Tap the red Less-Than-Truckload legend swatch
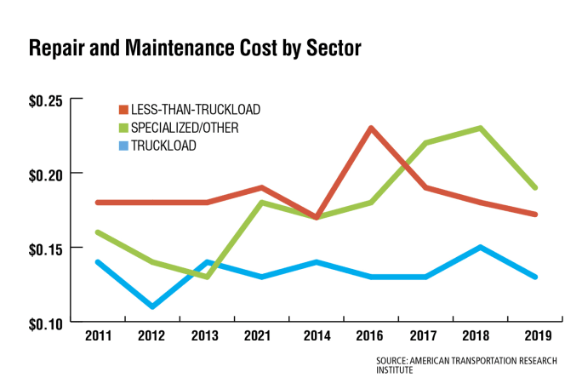(x=123, y=110)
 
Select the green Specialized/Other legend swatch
(x=123, y=128)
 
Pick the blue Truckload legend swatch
(x=123, y=146)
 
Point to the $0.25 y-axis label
(x=45, y=101)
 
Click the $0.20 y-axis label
(x=45, y=174)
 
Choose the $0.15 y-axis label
(x=45, y=248)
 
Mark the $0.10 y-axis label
(x=45, y=322)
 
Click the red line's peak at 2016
(x=372, y=129)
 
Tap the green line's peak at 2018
(x=481, y=129)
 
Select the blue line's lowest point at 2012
(x=152, y=306)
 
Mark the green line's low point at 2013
(x=208, y=277)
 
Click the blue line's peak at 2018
(x=481, y=248)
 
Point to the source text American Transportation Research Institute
(x=466, y=365)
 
